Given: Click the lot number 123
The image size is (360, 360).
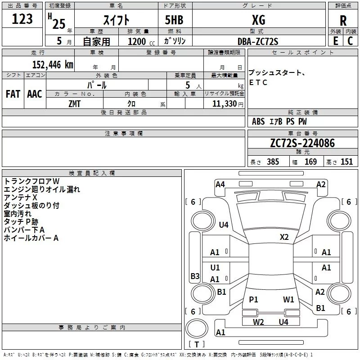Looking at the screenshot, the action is (x=22, y=19).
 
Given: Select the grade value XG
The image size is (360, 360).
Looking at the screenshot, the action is (x=258, y=20).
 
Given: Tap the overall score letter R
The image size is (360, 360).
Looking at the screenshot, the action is (x=343, y=21).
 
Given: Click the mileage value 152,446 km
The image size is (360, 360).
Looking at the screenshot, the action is (x=53, y=65).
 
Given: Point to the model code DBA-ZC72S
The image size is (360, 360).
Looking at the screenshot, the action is (x=257, y=41).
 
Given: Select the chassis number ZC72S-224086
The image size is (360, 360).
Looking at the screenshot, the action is (x=302, y=143).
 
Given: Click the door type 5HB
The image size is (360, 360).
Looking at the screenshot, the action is (x=174, y=20).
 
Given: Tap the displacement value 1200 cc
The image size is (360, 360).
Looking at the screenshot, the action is (x=141, y=41).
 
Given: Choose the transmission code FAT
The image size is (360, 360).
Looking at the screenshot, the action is (x=13, y=94).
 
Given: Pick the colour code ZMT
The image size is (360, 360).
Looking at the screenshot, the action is (x=74, y=104).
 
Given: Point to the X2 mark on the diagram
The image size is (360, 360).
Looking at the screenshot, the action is (x=284, y=237).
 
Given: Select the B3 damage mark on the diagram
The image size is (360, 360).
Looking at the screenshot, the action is (x=195, y=276).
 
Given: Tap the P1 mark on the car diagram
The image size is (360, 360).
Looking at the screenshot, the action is (x=253, y=299).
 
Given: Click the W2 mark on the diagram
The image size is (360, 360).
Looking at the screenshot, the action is (x=258, y=322).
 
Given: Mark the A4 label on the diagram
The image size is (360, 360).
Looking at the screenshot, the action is (x=220, y=184).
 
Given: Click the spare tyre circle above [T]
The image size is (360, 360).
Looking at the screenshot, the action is (x=197, y=328).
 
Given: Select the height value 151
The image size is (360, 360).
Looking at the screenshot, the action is (x=346, y=162).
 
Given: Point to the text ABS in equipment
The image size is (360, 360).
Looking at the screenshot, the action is (x=258, y=121).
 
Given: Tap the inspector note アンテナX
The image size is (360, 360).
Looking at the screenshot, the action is (x=20, y=198).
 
